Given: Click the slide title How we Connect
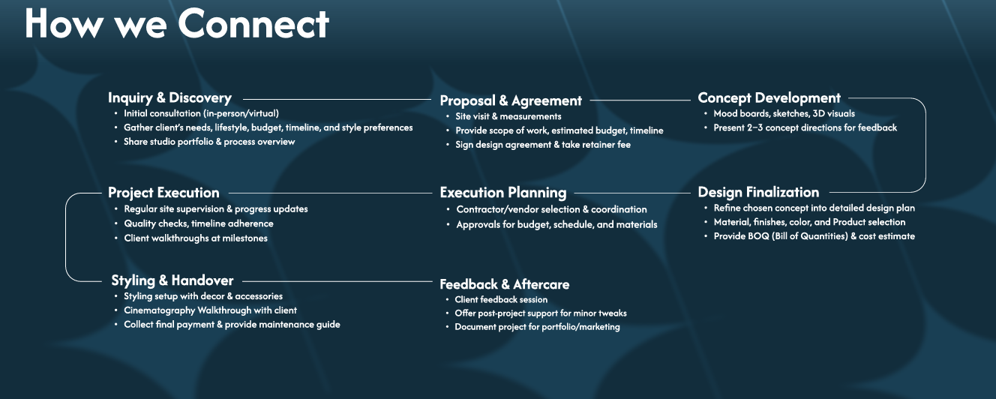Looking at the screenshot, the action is point(177,24).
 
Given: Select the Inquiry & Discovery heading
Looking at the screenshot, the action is point(169,97).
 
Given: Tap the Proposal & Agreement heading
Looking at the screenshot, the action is point(511,101).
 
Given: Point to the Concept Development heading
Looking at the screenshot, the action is point(769,97).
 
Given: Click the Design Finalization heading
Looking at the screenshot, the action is point(758,192).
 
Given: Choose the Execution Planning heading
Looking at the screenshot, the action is point(503,193).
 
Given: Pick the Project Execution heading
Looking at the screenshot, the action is point(163,193).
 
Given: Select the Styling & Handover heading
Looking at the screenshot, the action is point(172,280).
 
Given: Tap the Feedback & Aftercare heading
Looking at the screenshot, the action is point(505,284).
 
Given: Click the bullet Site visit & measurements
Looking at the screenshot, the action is point(508,116).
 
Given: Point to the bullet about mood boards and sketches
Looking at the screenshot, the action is point(784,114).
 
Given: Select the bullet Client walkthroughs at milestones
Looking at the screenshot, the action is point(196,238).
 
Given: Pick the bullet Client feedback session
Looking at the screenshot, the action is point(501,300).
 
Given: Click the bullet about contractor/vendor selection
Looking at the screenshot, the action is point(552,209).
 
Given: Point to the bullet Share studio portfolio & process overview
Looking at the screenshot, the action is point(209,142).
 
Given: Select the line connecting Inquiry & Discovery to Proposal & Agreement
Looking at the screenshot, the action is point(337,99).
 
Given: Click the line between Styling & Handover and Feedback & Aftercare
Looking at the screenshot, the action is point(337,281).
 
